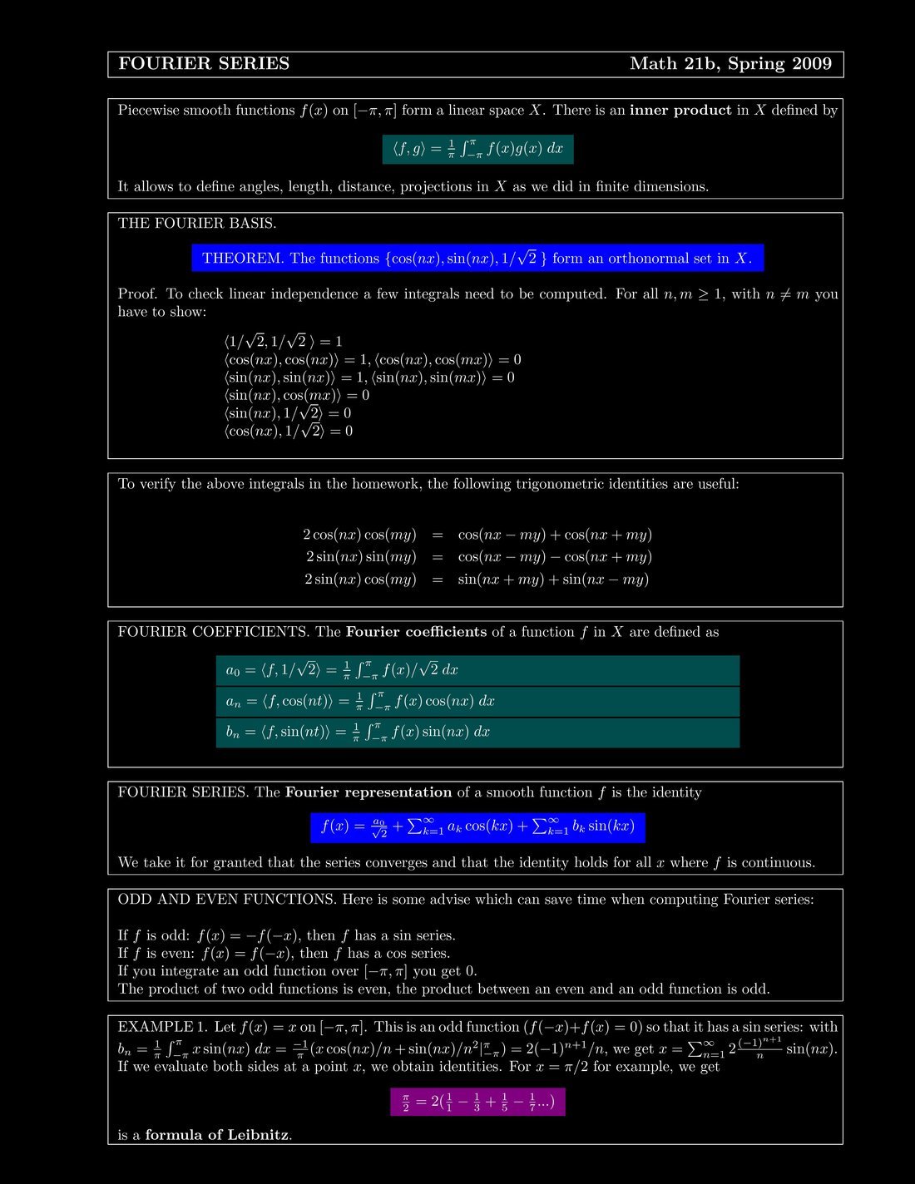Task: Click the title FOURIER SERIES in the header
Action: [x=204, y=64]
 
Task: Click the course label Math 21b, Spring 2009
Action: [x=730, y=64]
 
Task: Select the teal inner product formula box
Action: [x=477, y=149]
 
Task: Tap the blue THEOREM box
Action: [x=477, y=259]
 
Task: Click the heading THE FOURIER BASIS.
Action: [x=197, y=224]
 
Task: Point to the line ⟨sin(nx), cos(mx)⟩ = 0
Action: [x=296, y=395]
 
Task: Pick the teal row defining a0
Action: [x=477, y=670]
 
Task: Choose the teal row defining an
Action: [x=477, y=702]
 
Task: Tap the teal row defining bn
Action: [x=477, y=733]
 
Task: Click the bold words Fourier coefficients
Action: [x=416, y=632]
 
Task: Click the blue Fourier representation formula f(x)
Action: [x=477, y=827]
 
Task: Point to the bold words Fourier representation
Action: [x=368, y=792]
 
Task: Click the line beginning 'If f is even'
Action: [x=284, y=954]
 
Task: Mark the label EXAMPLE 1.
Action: [x=162, y=1027]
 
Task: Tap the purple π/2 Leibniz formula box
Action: [x=477, y=1103]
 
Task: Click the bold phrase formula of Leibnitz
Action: [x=218, y=1135]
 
